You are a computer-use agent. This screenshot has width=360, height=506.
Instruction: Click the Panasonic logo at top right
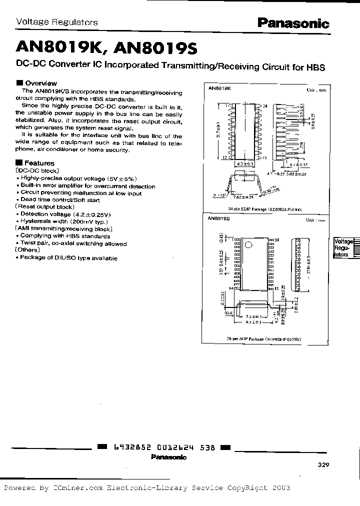[293, 23]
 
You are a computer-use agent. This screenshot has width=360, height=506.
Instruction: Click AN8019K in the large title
[59, 48]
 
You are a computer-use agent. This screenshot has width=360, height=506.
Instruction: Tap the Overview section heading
[40, 83]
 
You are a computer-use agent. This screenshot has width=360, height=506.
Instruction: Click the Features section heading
[39, 163]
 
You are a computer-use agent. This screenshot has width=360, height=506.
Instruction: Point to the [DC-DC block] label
[37, 170]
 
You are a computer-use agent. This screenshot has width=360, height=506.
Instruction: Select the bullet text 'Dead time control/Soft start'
[59, 200]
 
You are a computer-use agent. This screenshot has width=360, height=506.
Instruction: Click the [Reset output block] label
[45, 206]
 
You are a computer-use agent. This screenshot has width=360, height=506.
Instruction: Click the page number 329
[323, 464]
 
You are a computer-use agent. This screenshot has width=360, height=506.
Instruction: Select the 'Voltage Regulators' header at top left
[57, 22]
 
